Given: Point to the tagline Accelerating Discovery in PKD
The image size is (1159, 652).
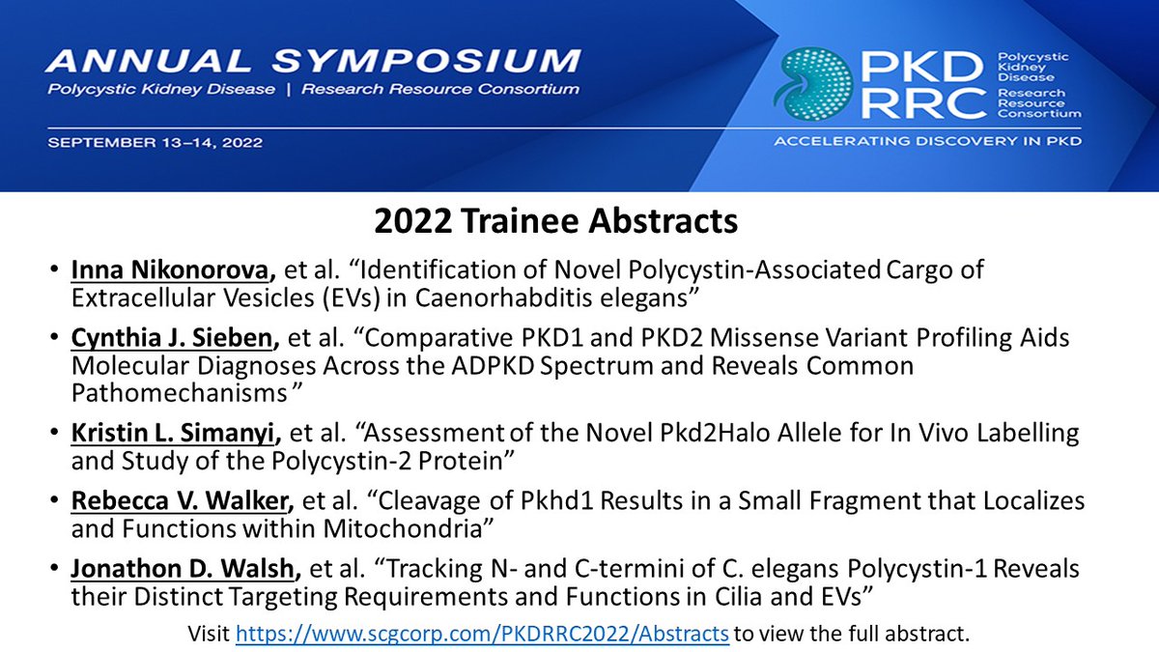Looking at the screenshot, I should pyautogui.click(x=927, y=142).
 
